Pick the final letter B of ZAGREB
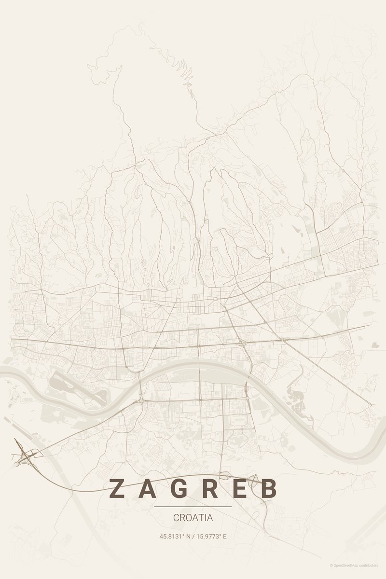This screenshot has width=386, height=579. (x=270, y=488)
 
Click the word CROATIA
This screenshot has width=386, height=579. (x=193, y=518)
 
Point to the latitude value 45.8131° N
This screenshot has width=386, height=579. (x=175, y=536)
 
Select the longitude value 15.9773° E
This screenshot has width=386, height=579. (x=212, y=536)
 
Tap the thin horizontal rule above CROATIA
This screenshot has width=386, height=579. (x=193, y=507)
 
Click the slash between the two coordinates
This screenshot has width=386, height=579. (x=193, y=536)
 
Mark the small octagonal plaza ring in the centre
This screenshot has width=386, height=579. (x=215, y=300)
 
